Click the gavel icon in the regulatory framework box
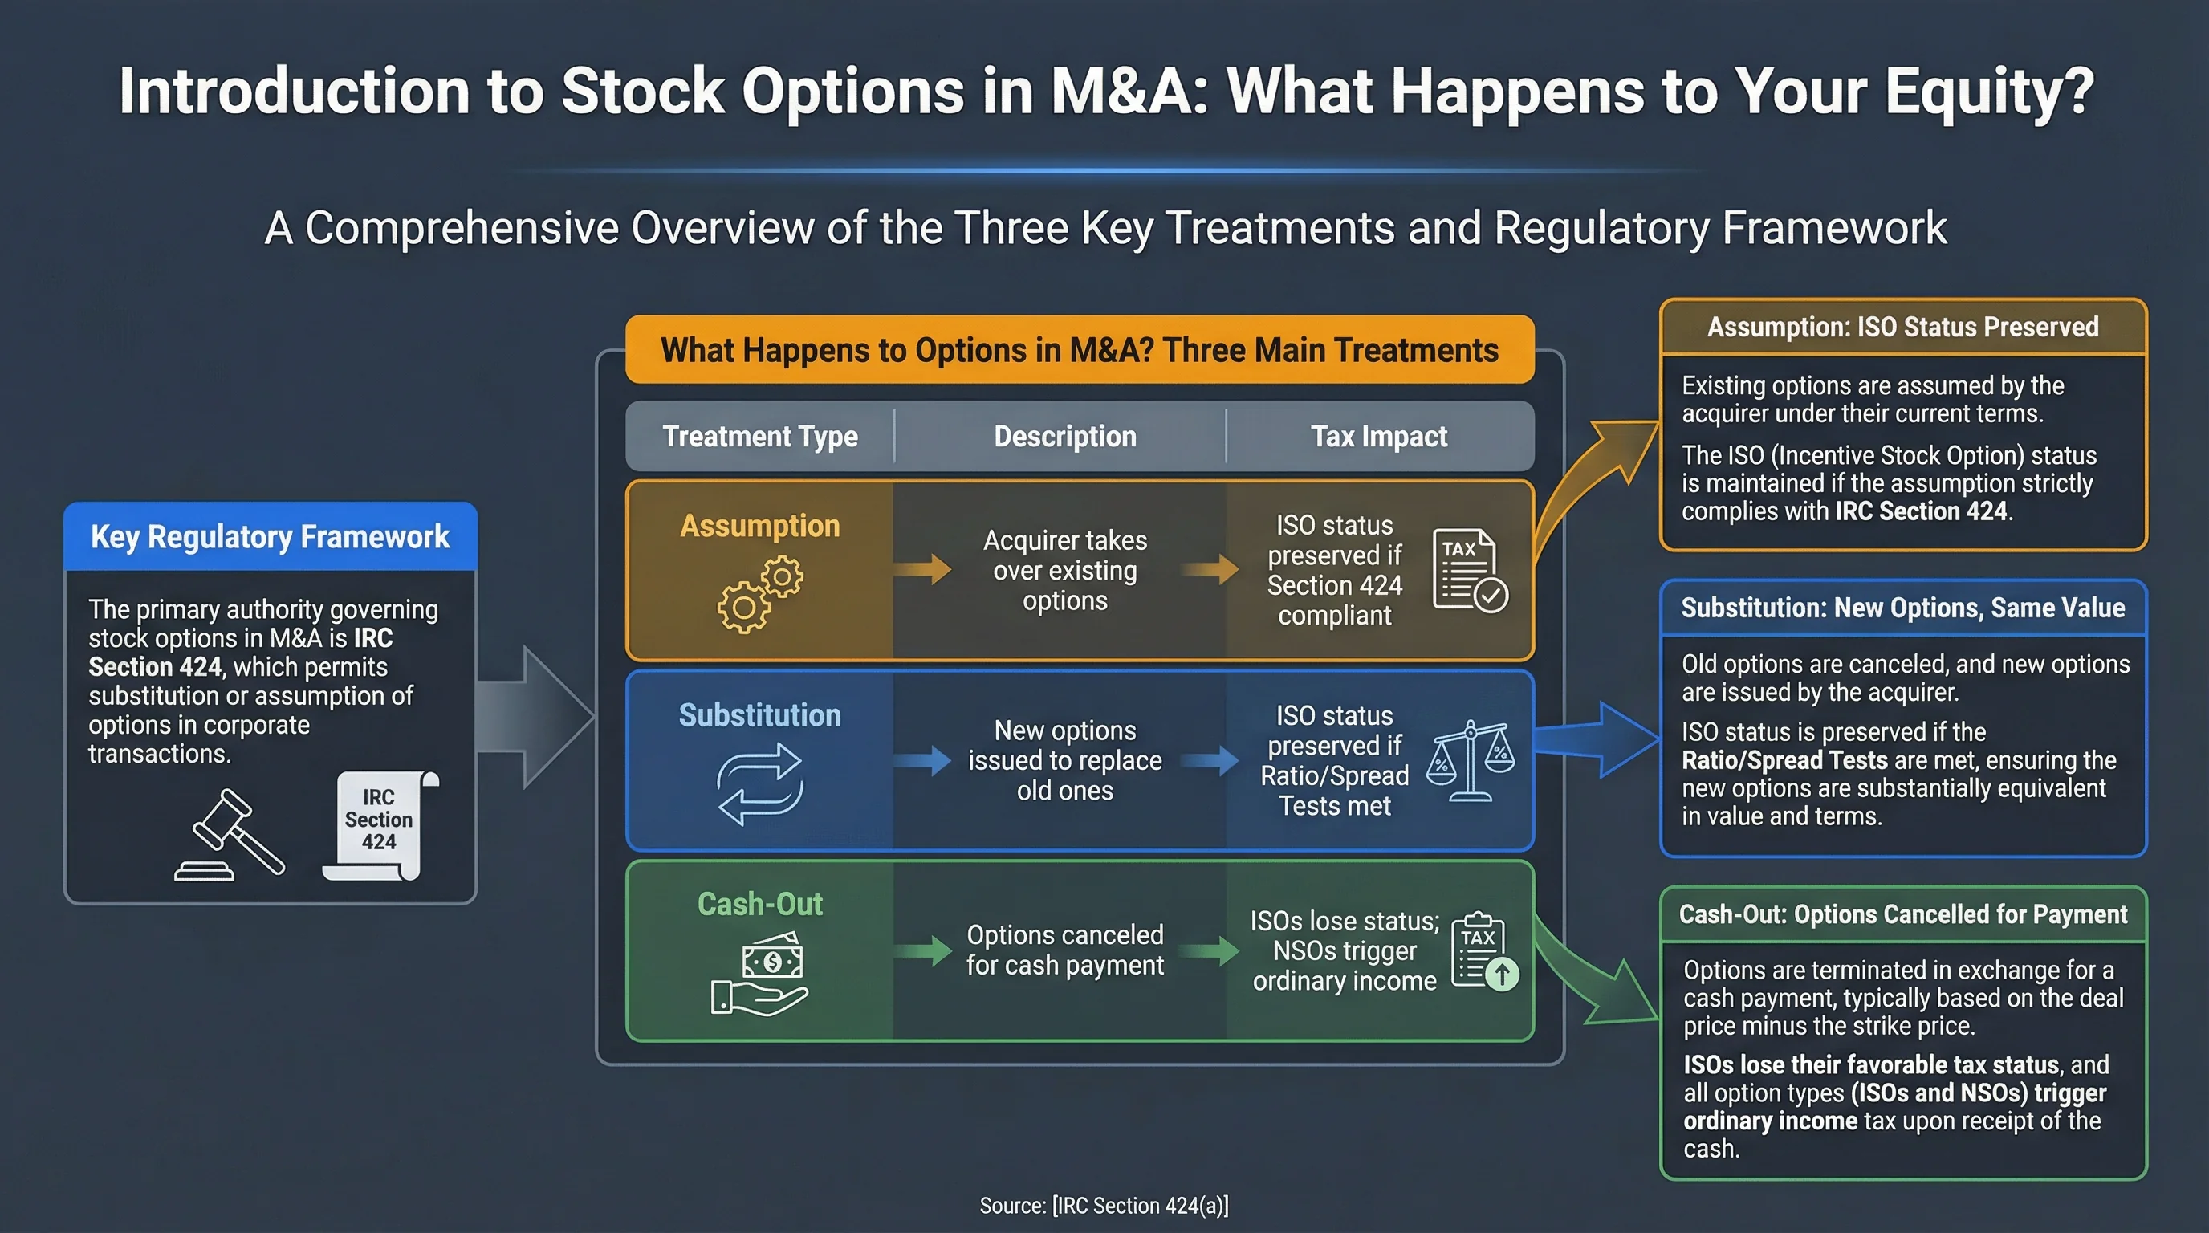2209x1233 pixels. (x=229, y=835)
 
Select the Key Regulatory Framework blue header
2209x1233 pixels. (x=271, y=537)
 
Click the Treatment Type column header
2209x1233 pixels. (x=760, y=437)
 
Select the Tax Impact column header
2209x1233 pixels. (x=1378, y=437)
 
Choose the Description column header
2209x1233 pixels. (x=1064, y=437)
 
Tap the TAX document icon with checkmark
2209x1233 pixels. (x=1469, y=570)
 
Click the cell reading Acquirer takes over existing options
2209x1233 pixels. (x=1064, y=570)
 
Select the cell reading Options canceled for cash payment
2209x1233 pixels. (x=1064, y=950)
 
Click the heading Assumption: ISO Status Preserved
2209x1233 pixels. (x=1902, y=328)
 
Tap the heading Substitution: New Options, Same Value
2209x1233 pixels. (x=1902, y=608)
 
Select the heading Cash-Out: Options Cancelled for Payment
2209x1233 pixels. (x=1902, y=915)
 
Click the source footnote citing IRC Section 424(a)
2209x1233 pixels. (x=1104, y=1206)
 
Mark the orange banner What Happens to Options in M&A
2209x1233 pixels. (x=1079, y=350)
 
